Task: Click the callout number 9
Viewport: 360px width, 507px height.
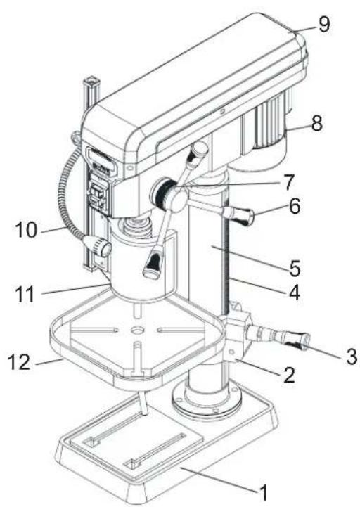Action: click(324, 24)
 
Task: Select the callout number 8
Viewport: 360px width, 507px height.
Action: click(317, 123)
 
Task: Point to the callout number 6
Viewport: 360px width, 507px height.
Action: click(294, 206)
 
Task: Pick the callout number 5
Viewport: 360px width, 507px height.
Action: click(295, 268)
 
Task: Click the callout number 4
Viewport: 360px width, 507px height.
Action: click(294, 293)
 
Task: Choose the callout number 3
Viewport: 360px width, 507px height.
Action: click(351, 357)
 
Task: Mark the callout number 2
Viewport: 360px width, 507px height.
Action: click(289, 375)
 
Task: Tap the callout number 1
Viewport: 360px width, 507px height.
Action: click(264, 493)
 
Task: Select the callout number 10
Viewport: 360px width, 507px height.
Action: click(26, 230)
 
